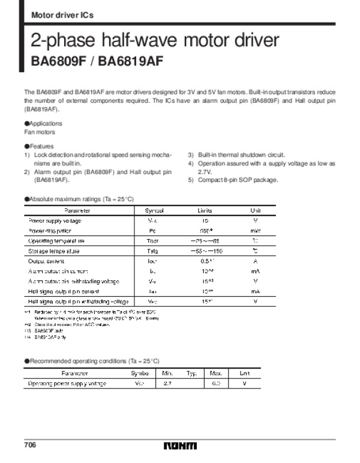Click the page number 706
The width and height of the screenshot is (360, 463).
pyautogui.click(x=31, y=445)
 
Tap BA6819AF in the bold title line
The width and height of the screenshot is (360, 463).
pyautogui.click(x=130, y=62)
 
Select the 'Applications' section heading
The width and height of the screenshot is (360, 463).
pyautogui.click(x=45, y=123)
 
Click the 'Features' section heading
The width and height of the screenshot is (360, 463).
pyautogui.click(x=41, y=146)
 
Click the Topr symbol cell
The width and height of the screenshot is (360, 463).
pyautogui.click(x=153, y=241)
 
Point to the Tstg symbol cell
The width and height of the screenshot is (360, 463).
pyautogui.click(x=153, y=251)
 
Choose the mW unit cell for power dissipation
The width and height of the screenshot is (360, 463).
pyautogui.click(x=256, y=231)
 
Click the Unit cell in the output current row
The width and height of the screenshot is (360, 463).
pyautogui.click(x=256, y=261)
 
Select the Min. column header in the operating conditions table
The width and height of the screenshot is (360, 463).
pyautogui.click(x=167, y=373)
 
